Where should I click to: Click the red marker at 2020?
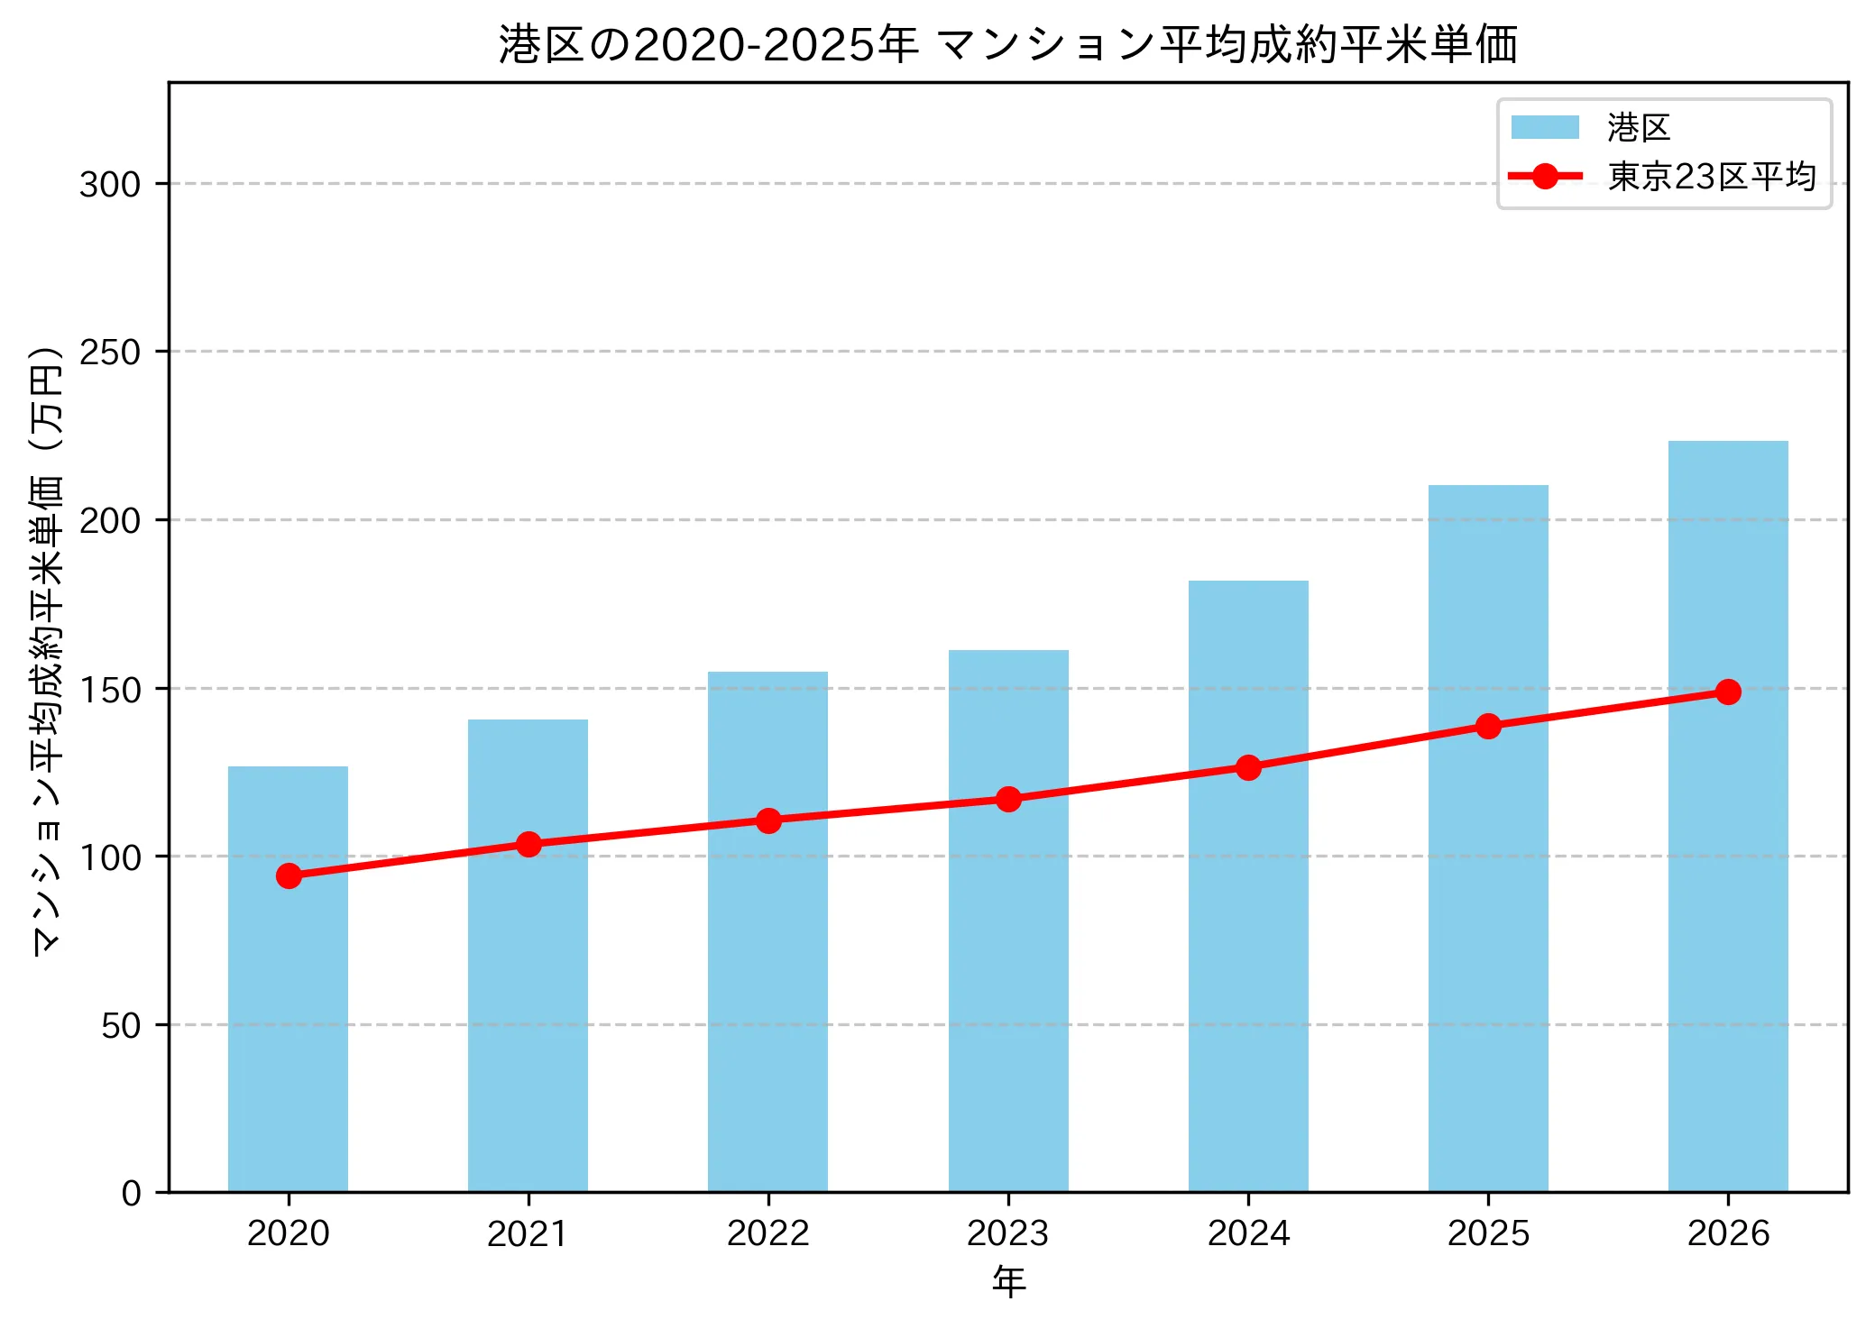click(289, 875)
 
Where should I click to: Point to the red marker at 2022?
click(768, 820)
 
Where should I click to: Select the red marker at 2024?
click(1248, 767)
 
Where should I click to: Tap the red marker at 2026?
click(1728, 692)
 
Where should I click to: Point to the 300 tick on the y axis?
click(110, 184)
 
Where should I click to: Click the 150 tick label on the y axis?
click(110, 690)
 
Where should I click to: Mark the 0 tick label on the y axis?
click(132, 1193)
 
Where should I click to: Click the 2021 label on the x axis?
click(528, 1233)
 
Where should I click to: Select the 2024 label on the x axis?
click(1248, 1233)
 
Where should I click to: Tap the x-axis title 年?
click(1008, 1282)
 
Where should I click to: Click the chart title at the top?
click(1008, 45)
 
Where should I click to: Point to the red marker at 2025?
click(1488, 726)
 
